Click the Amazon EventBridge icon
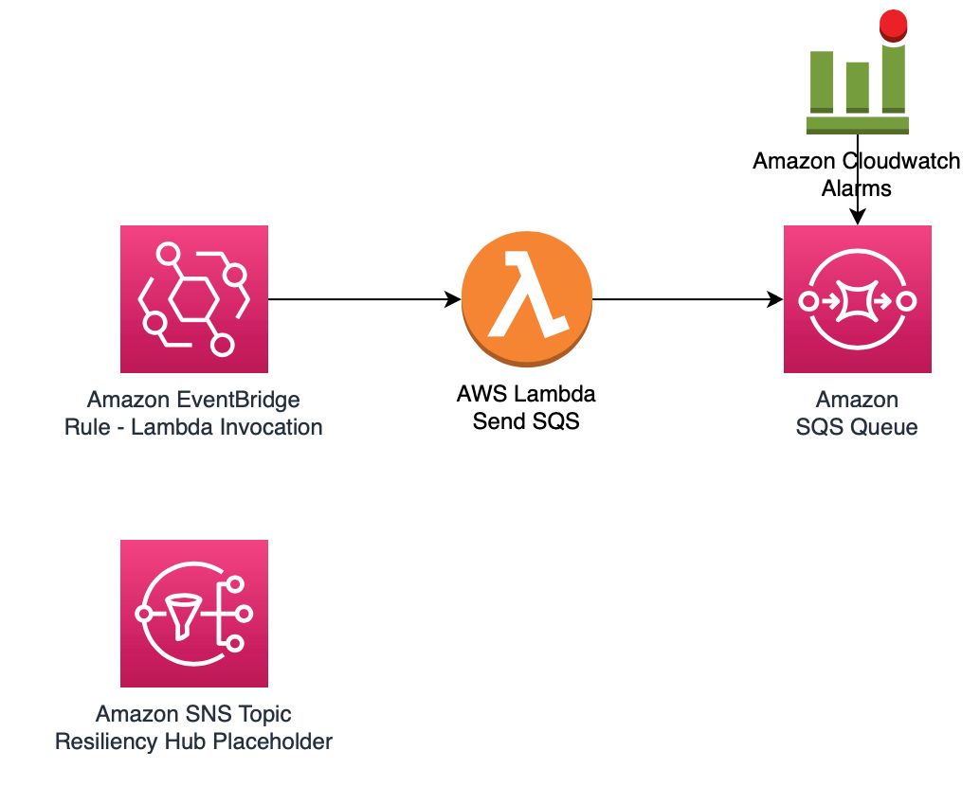tap(193, 299)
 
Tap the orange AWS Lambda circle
tap(526, 299)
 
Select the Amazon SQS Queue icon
tap(857, 299)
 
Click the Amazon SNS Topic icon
tap(193, 613)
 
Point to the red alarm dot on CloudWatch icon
tap(892, 24)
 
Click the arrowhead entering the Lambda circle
tap(454, 300)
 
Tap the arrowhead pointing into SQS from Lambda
tap(776, 300)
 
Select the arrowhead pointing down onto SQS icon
tap(857, 218)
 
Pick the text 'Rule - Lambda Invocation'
tap(193, 427)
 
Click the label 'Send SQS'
tap(526, 421)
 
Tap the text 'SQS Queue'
tap(857, 427)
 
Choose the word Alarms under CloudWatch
tap(857, 188)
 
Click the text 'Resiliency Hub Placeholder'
tap(193, 741)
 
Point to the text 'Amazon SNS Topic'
tap(193, 714)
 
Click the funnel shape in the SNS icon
tap(183, 613)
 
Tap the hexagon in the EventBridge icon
tap(193, 299)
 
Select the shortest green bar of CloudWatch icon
tap(857, 87)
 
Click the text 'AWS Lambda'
tap(526, 394)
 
